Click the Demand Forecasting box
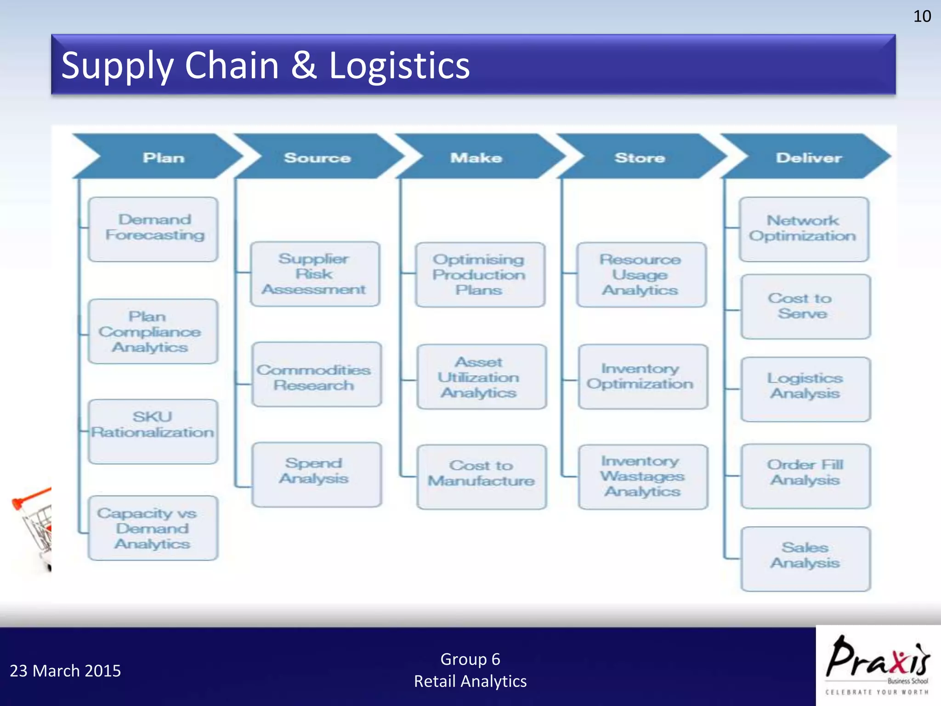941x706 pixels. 153,229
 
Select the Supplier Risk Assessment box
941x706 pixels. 315,274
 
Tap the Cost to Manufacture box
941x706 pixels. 482,477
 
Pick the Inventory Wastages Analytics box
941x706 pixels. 643,477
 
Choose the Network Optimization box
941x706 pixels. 804,229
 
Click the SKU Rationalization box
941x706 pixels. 153,431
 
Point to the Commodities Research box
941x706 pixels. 317,374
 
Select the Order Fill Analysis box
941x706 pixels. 805,476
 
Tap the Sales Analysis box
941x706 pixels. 805,558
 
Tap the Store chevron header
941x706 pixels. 640,157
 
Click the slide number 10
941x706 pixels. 922,17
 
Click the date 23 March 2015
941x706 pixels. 65,671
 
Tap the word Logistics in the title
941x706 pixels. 399,65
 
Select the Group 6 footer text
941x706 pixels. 470,659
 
